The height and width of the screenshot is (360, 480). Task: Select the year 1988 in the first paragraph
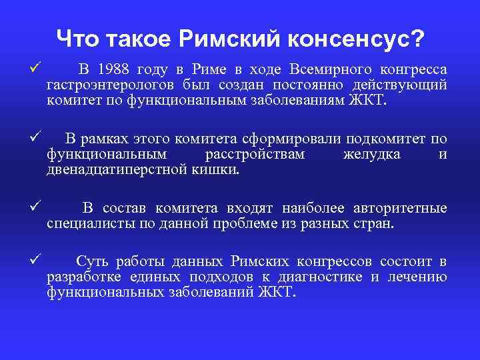click(x=115, y=70)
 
